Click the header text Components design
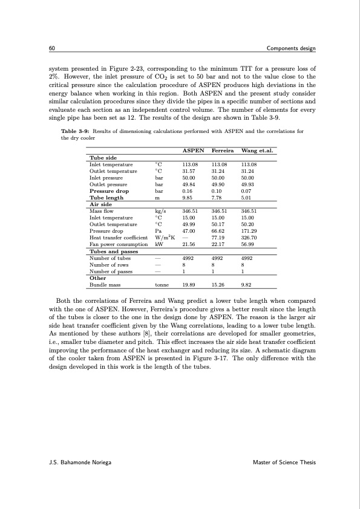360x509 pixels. click(x=290, y=48)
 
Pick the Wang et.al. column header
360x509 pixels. click(x=258, y=150)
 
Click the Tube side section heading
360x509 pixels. click(x=102, y=157)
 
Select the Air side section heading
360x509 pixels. click(x=101, y=204)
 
